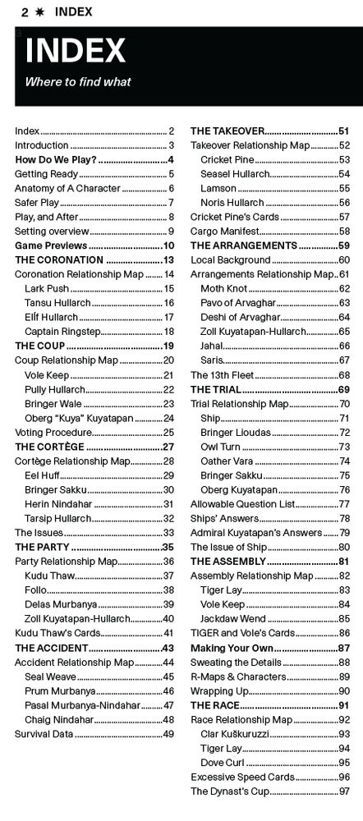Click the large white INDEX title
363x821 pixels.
pos(75,52)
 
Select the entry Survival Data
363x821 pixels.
pos(44,733)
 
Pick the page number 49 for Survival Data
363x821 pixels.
pos(168,733)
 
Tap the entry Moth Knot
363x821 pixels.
pos(223,288)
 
